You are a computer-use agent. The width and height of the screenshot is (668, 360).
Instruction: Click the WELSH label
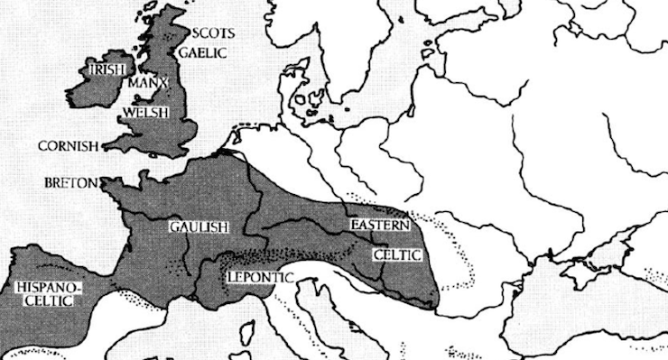pyautogui.click(x=141, y=115)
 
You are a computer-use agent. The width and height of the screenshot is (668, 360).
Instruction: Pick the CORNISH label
pyautogui.click(x=67, y=145)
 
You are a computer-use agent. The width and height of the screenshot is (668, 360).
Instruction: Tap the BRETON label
pyautogui.click(x=70, y=182)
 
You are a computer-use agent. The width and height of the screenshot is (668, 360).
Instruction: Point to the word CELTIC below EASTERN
pyautogui.click(x=397, y=255)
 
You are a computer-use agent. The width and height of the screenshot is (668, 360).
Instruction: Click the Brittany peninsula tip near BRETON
pyautogui.click(x=104, y=186)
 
